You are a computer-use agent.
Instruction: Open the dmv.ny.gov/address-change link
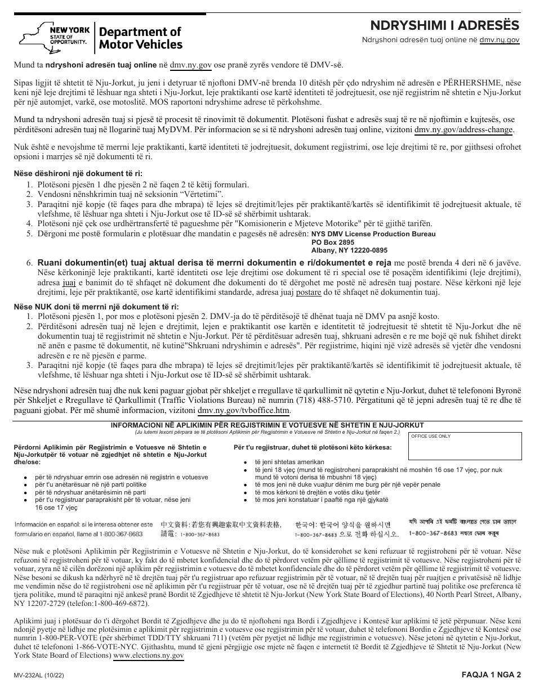(463, 130)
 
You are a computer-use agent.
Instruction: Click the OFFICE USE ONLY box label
(431, 436)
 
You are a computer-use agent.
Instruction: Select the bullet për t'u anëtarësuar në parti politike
(82, 484)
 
